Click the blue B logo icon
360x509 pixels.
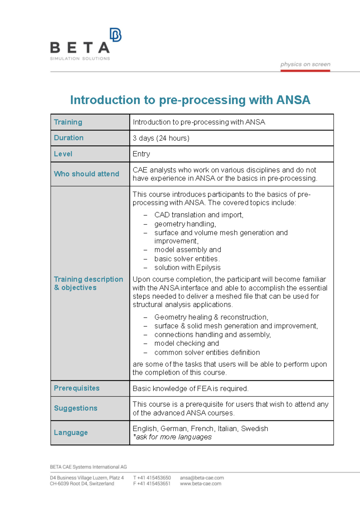coord(115,35)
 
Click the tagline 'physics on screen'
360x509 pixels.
coord(305,64)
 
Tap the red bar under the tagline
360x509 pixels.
coord(305,71)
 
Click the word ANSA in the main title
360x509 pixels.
coord(293,100)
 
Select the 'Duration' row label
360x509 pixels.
coord(69,138)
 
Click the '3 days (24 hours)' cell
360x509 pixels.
coord(161,138)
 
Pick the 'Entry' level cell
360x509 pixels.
coord(141,154)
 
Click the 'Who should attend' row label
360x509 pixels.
coord(86,174)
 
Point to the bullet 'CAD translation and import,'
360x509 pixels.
coord(199,215)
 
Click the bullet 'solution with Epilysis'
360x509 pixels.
coord(187,267)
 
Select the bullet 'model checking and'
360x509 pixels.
coord(186,343)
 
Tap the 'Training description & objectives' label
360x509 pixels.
coord(88,283)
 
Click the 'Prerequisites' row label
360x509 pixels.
coord(76,388)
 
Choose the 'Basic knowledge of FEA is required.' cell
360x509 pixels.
coord(190,389)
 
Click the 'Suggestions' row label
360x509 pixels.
coord(76,408)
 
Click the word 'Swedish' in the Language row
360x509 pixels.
coord(254,429)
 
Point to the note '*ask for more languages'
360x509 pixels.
coord(172,437)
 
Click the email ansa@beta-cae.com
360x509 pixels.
coord(202,478)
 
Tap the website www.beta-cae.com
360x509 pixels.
coord(200,483)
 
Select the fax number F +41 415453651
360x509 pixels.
coord(152,483)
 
